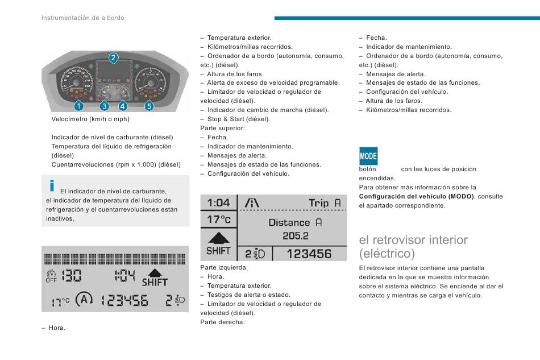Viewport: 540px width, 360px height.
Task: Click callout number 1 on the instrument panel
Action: click(x=77, y=105)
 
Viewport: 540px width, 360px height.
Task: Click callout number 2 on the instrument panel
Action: click(x=114, y=57)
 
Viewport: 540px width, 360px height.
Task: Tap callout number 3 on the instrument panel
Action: click(x=104, y=105)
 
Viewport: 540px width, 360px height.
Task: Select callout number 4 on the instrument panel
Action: click(x=123, y=105)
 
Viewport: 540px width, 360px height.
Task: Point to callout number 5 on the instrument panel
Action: click(x=149, y=105)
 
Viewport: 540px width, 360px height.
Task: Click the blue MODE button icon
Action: click(x=368, y=156)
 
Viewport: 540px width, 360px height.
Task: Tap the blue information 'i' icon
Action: click(x=52, y=185)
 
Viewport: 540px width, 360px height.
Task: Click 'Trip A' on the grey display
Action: click(x=325, y=203)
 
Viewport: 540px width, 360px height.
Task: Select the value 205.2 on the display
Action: click(x=296, y=235)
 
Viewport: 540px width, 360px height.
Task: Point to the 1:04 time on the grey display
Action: click(x=219, y=203)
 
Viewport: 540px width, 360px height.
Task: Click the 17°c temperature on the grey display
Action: click(x=219, y=220)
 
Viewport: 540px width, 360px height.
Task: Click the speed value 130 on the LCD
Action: click(x=71, y=276)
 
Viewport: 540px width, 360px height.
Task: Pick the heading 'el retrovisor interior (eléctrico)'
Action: click(x=413, y=246)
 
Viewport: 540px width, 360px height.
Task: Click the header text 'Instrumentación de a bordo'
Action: click(x=82, y=18)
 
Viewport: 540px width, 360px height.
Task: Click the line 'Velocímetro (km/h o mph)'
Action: click(x=90, y=119)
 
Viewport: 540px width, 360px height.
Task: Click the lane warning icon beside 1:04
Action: click(x=252, y=203)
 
